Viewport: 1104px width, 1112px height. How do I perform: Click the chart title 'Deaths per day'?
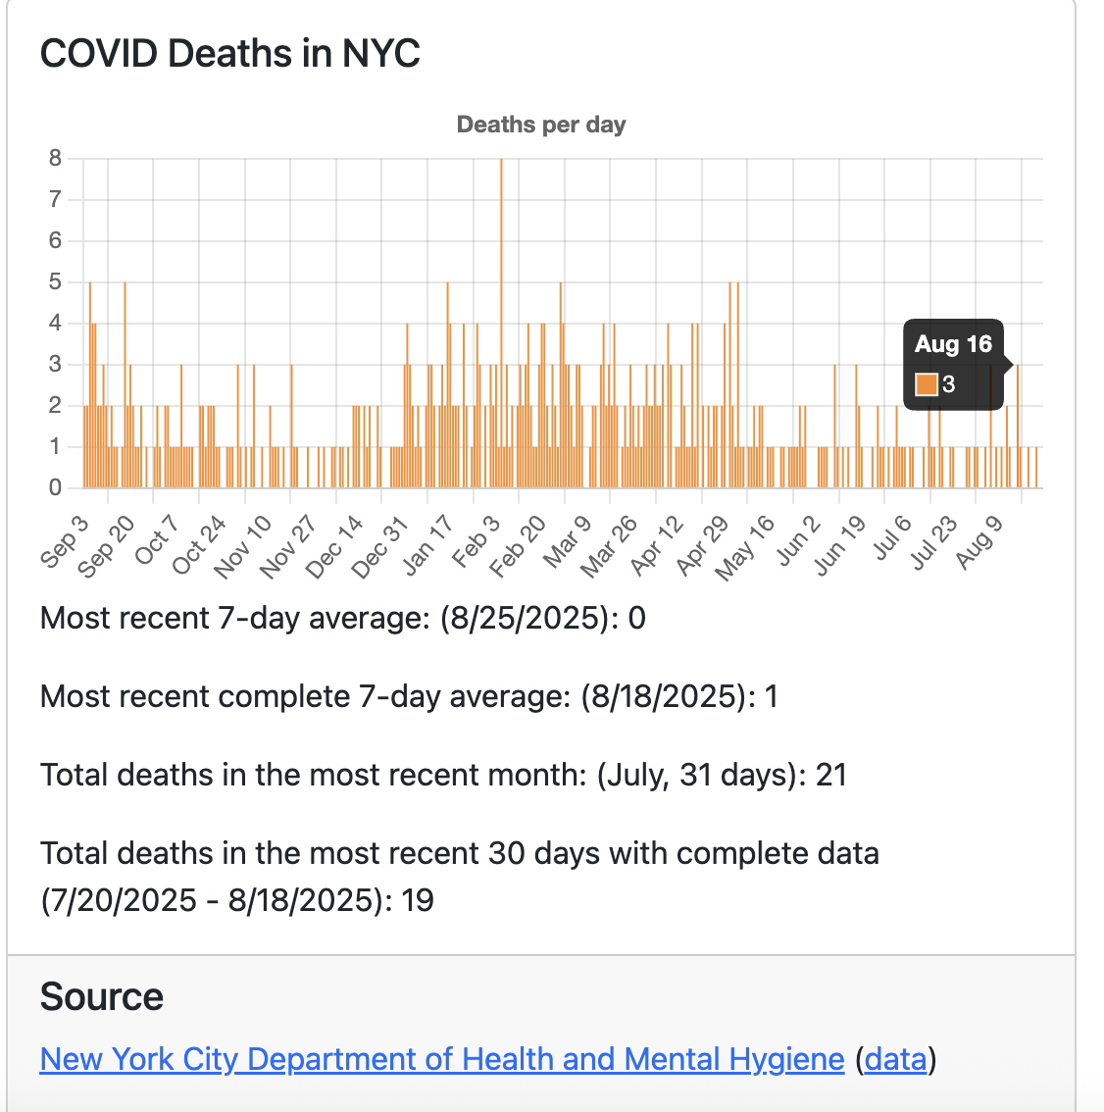pyautogui.click(x=541, y=125)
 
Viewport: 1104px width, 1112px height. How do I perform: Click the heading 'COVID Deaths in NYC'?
pyautogui.click(x=230, y=53)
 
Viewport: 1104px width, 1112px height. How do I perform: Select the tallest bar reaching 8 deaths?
pyautogui.click(x=501, y=324)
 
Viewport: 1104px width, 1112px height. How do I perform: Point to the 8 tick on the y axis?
pyautogui.click(x=55, y=158)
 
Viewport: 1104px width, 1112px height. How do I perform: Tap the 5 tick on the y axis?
pyautogui.click(x=55, y=281)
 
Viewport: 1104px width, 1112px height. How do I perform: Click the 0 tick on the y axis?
pyautogui.click(x=55, y=487)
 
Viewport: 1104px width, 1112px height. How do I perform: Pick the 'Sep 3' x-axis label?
pyautogui.click(x=66, y=540)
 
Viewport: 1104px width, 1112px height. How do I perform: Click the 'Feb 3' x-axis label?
pyautogui.click(x=477, y=540)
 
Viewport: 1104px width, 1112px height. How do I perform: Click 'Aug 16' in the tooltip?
pyautogui.click(x=953, y=344)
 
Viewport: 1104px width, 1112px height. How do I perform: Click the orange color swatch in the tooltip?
pyautogui.click(x=926, y=384)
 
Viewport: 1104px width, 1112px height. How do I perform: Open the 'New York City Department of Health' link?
pyautogui.click(x=441, y=1059)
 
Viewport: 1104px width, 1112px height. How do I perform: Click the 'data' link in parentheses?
pyautogui.click(x=895, y=1059)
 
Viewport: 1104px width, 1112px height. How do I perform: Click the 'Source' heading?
pyautogui.click(x=102, y=997)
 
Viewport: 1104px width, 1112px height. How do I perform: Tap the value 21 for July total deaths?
pyautogui.click(x=830, y=775)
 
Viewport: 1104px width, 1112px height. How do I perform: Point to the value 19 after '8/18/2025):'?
pyautogui.click(x=418, y=900)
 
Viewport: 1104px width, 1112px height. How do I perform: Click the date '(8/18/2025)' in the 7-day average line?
pyautogui.click(x=660, y=696)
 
